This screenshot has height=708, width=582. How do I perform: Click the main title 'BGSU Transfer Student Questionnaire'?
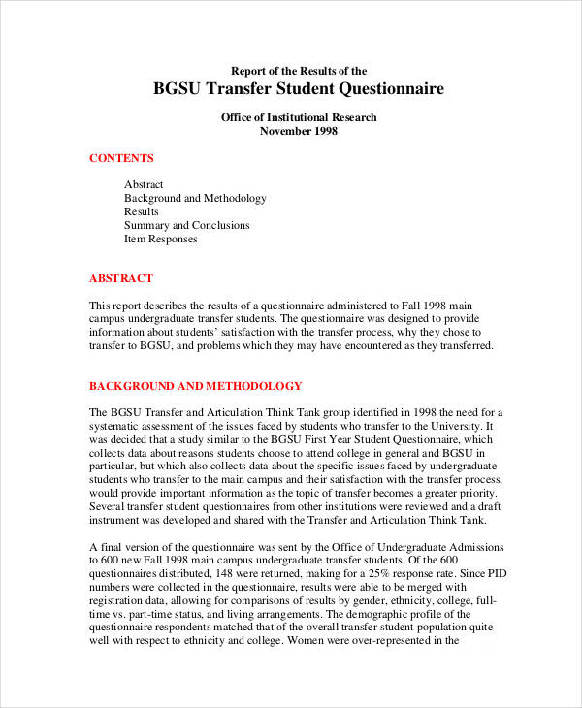(x=299, y=89)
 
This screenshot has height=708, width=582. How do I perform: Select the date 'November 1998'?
(x=299, y=131)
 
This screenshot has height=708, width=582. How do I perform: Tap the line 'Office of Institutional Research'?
(x=299, y=117)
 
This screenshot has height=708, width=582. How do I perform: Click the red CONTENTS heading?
(x=121, y=158)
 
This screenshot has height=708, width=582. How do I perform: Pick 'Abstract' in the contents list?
(x=144, y=184)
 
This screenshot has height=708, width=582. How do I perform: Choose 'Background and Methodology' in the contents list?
(x=195, y=198)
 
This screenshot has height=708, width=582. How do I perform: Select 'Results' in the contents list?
(x=142, y=211)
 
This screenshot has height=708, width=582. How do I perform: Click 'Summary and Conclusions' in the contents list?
(x=186, y=225)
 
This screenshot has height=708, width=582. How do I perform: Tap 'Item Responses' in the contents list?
(x=160, y=239)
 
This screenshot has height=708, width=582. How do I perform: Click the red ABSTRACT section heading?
(x=121, y=278)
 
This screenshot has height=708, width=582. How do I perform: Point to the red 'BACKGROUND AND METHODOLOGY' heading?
(x=196, y=385)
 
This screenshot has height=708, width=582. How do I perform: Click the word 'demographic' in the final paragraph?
(x=372, y=613)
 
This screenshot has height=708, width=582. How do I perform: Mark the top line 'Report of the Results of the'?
(x=299, y=70)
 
